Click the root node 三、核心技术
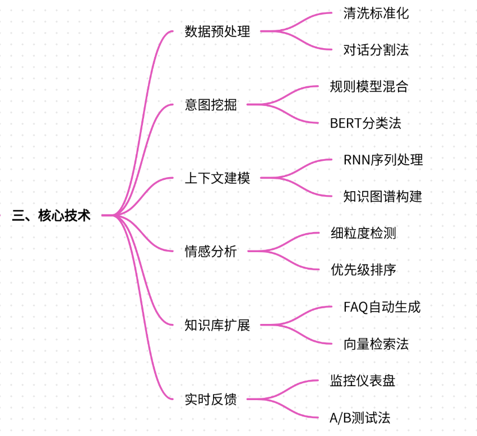pos(51,215)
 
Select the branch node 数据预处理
pos(217,31)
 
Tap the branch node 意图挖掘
pos(211,105)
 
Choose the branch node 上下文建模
pos(217,178)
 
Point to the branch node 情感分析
pos(211,251)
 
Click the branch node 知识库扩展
pos(217,325)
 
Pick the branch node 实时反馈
pos(211,399)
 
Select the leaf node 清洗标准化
pos(376,13)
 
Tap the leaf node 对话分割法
pos(376,49)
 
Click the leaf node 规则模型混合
pos(369,86)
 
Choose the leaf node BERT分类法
pos(365,123)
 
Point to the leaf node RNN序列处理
pos(383,160)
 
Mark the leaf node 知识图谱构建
pos(383,196)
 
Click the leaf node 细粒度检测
pos(363,233)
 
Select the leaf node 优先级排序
pos(363,270)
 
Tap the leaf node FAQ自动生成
pos(382,307)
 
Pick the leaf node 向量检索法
pos(376,344)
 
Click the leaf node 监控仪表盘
pos(363,381)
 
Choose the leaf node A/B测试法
pos(360,418)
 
